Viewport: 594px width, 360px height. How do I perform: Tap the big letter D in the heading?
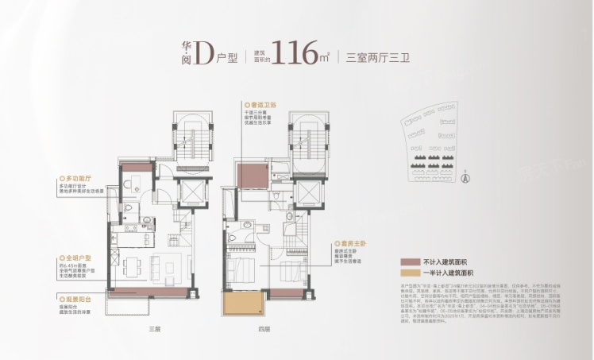click(204, 54)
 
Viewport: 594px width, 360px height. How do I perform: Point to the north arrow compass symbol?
click(468, 177)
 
